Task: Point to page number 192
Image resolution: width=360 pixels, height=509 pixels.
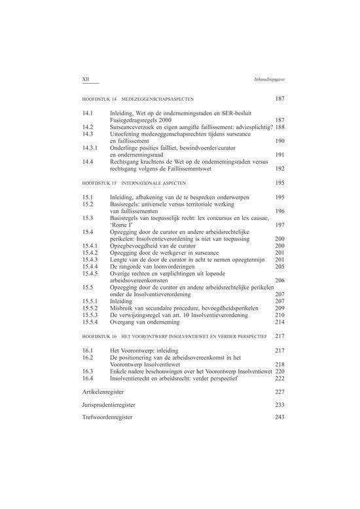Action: coord(279,167)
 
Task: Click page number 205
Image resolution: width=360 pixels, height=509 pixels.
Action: coord(279,267)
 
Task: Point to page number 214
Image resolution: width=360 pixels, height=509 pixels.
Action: coord(279,322)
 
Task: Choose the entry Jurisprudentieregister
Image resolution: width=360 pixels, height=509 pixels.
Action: coord(109,405)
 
